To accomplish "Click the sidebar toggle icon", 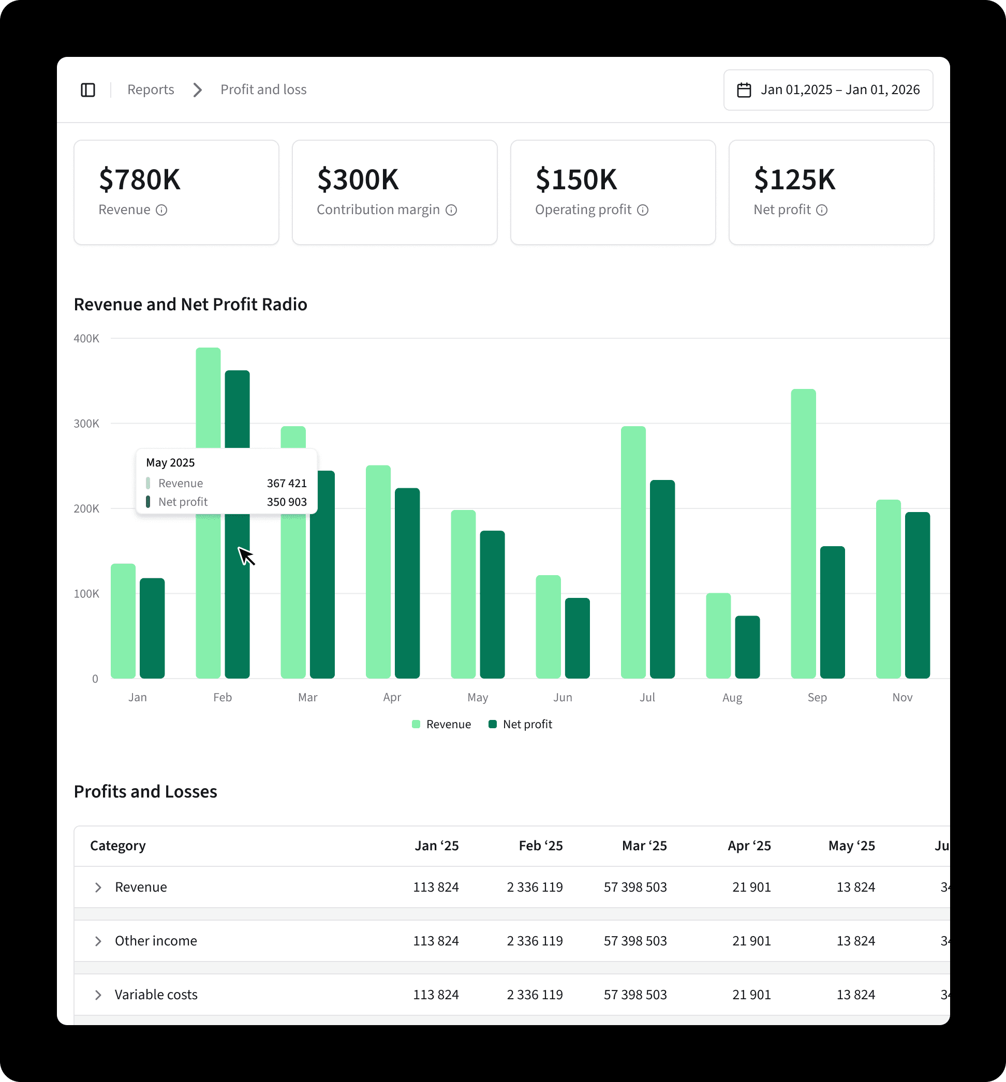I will pos(87,90).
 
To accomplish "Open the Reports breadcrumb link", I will pos(151,90).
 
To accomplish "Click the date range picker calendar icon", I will pos(744,90).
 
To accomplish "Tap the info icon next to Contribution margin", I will pos(451,210).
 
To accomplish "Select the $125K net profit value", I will pos(794,179).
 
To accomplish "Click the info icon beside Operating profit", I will pos(643,210).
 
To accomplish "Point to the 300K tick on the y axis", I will pos(86,424).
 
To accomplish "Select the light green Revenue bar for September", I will pos(803,533).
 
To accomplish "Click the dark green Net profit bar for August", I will pos(747,647).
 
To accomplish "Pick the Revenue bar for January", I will pos(123,621).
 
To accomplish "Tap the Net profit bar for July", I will pos(662,579).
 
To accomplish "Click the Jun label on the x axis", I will pos(563,697).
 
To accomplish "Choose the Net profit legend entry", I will pos(521,724).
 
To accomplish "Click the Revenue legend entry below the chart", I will pos(441,724).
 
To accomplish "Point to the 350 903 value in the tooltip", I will pos(286,502).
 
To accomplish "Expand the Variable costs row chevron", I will pos(98,995).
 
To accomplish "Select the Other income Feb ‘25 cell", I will pos(535,941).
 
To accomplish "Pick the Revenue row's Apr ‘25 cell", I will pos(751,887).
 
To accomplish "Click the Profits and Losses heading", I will pos(145,791).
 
